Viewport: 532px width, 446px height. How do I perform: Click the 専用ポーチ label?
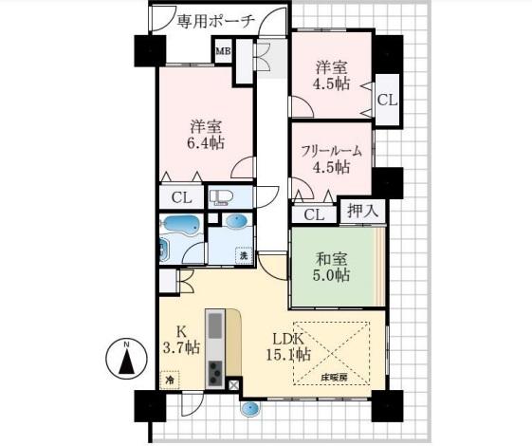(x=216, y=23)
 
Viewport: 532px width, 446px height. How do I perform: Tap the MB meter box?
(x=224, y=51)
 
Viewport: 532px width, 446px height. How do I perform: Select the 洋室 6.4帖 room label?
(x=206, y=135)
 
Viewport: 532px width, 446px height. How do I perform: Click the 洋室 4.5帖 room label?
(x=332, y=75)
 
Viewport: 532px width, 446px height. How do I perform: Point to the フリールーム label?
(x=332, y=152)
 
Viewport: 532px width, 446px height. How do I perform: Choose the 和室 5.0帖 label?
(x=332, y=267)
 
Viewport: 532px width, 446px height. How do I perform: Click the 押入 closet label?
(x=362, y=211)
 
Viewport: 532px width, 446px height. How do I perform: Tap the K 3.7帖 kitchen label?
(x=181, y=340)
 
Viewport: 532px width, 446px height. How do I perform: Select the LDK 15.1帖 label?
(x=288, y=347)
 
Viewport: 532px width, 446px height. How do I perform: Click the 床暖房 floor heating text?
(x=334, y=378)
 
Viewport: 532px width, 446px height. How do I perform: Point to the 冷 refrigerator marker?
(x=170, y=380)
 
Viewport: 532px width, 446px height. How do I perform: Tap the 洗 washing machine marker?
(x=245, y=255)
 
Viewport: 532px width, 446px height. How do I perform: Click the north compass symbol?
(x=126, y=361)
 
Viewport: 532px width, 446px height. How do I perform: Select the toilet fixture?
(x=221, y=197)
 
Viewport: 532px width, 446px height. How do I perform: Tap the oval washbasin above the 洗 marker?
(x=237, y=222)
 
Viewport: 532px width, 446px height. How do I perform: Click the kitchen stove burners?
(x=215, y=373)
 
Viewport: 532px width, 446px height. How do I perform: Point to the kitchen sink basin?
(x=215, y=325)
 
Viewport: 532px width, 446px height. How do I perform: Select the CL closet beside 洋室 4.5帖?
(x=387, y=100)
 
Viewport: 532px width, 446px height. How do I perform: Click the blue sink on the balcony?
(x=250, y=408)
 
